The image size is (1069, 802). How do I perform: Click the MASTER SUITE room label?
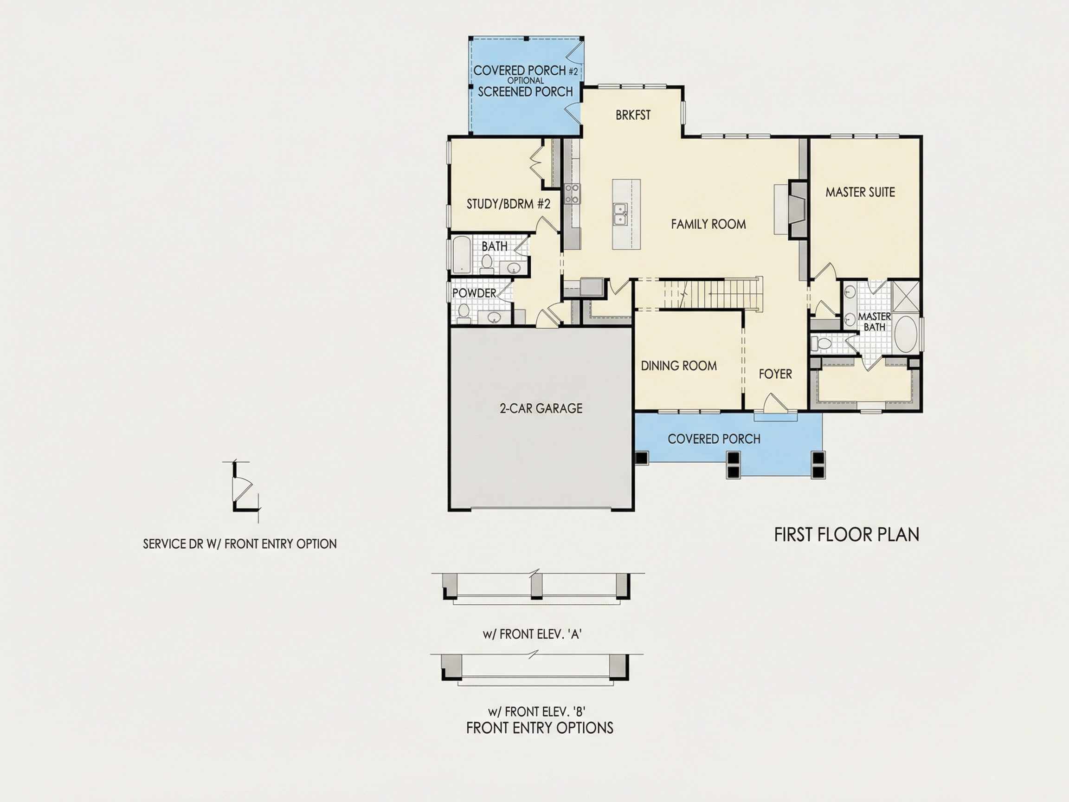pyautogui.click(x=860, y=192)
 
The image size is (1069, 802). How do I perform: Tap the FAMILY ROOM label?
pyautogui.click(x=708, y=224)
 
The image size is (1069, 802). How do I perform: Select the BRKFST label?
pyautogui.click(x=633, y=115)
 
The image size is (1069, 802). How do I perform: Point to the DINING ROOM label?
pyautogui.click(x=679, y=365)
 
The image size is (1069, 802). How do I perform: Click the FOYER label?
pyautogui.click(x=775, y=374)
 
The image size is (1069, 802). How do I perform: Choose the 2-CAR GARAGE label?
pyautogui.click(x=541, y=408)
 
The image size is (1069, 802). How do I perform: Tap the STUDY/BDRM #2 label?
pyautogui.click(x=509, y=204)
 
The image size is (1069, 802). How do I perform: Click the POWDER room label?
pyautogui.click(x=474, y=293)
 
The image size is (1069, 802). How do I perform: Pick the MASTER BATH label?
pyautogui.click(x=875, y=322)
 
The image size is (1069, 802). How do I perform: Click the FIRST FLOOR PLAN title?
pyautogui.click(x=847, y=535)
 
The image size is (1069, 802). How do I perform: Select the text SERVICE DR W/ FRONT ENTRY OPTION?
pyautogui.click(x=240, y=544)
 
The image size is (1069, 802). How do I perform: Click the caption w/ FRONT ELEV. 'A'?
pyautogui.click(x=532, y=634)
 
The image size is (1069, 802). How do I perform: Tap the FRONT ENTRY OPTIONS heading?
pyautogui.click(x=540, y=728)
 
